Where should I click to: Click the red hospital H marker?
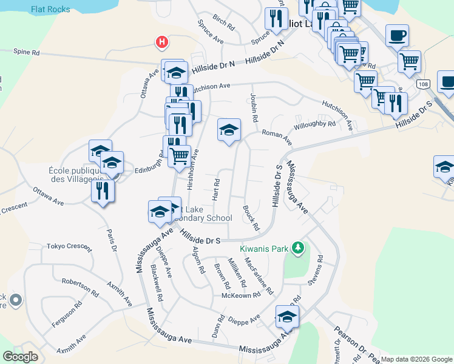[x=161, y=42]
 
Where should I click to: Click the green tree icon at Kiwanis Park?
[x=297, y=248]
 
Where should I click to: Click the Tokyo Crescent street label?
[x=69, y=248]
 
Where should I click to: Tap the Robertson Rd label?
[x=80, y=288]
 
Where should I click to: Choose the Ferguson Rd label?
[x=66, y=315]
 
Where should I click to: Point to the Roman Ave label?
[x=277, y=136]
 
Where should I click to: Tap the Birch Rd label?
[x=223, y=24]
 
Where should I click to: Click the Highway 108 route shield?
[x=424, y=84]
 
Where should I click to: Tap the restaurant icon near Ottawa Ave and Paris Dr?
[x=103, y=191]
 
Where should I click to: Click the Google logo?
[x=20, y=357]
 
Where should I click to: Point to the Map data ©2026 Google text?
[x=416, y=359]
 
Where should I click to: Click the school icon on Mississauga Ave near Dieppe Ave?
[x=287, y=317]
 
